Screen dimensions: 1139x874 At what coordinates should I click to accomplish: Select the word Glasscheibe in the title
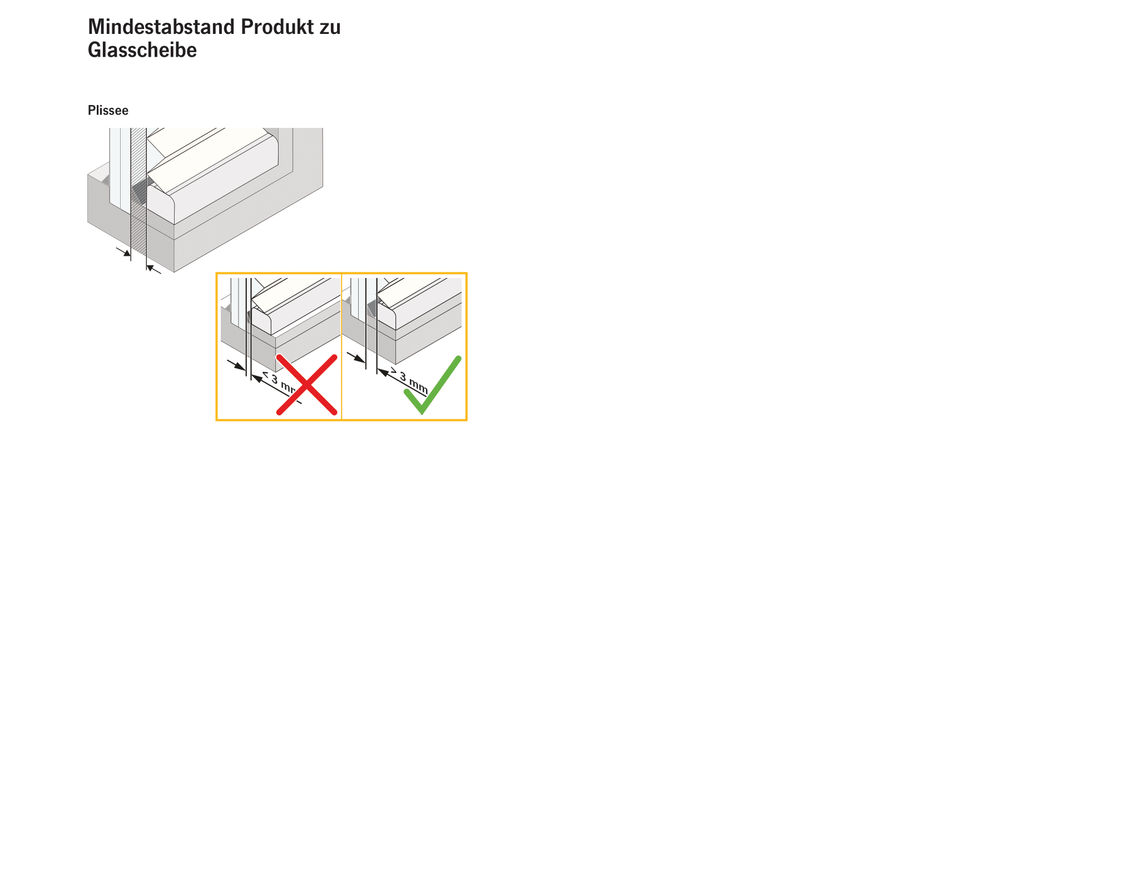pyautogui.click(x=142, y=50)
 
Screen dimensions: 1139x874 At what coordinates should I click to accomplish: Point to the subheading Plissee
pyautogui.click(x=108, y=110)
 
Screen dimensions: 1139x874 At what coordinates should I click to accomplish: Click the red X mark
pyautogui.click(x=306, y=384)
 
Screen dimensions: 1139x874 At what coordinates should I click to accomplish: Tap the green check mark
pyautogui.click(x=433, y=385)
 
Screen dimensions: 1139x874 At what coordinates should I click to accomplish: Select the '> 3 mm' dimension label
pyautogui.click(x=409, y=380)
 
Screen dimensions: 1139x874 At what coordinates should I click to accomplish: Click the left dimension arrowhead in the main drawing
pyautogui.click(x=126, y=253)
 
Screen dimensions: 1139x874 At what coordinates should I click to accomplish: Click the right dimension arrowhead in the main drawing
pyautogui.click(x=151, y=268)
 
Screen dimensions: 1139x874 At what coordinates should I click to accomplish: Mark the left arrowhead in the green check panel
pyautogui.click(x=360, y=359)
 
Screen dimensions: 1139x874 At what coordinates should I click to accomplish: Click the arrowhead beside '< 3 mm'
pyautogui.click(x=256, y=378)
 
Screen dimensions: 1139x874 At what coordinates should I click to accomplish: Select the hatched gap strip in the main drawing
pyautogui.click(x=138, y=192)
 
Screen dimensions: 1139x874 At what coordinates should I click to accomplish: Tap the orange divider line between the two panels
pyautogui.click(x=341, y=346)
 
